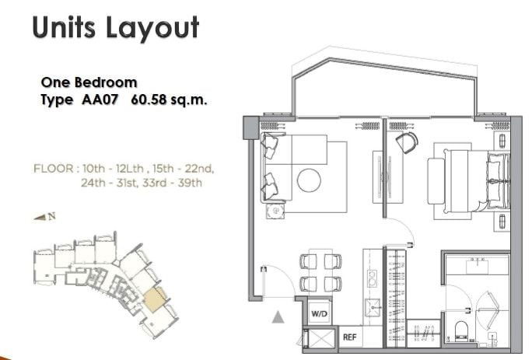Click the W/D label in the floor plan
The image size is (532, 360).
click(x=319, y=313)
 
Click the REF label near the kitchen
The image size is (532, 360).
click(x=348, y=337)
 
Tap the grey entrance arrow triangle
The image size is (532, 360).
click(x=277, y=315)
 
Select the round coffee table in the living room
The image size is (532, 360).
click(x=309, y=180)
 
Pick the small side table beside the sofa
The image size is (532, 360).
click(x=274, y=211)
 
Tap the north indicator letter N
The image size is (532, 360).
click(x=51, y=217)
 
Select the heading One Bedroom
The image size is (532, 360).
click(x=89, y=82)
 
